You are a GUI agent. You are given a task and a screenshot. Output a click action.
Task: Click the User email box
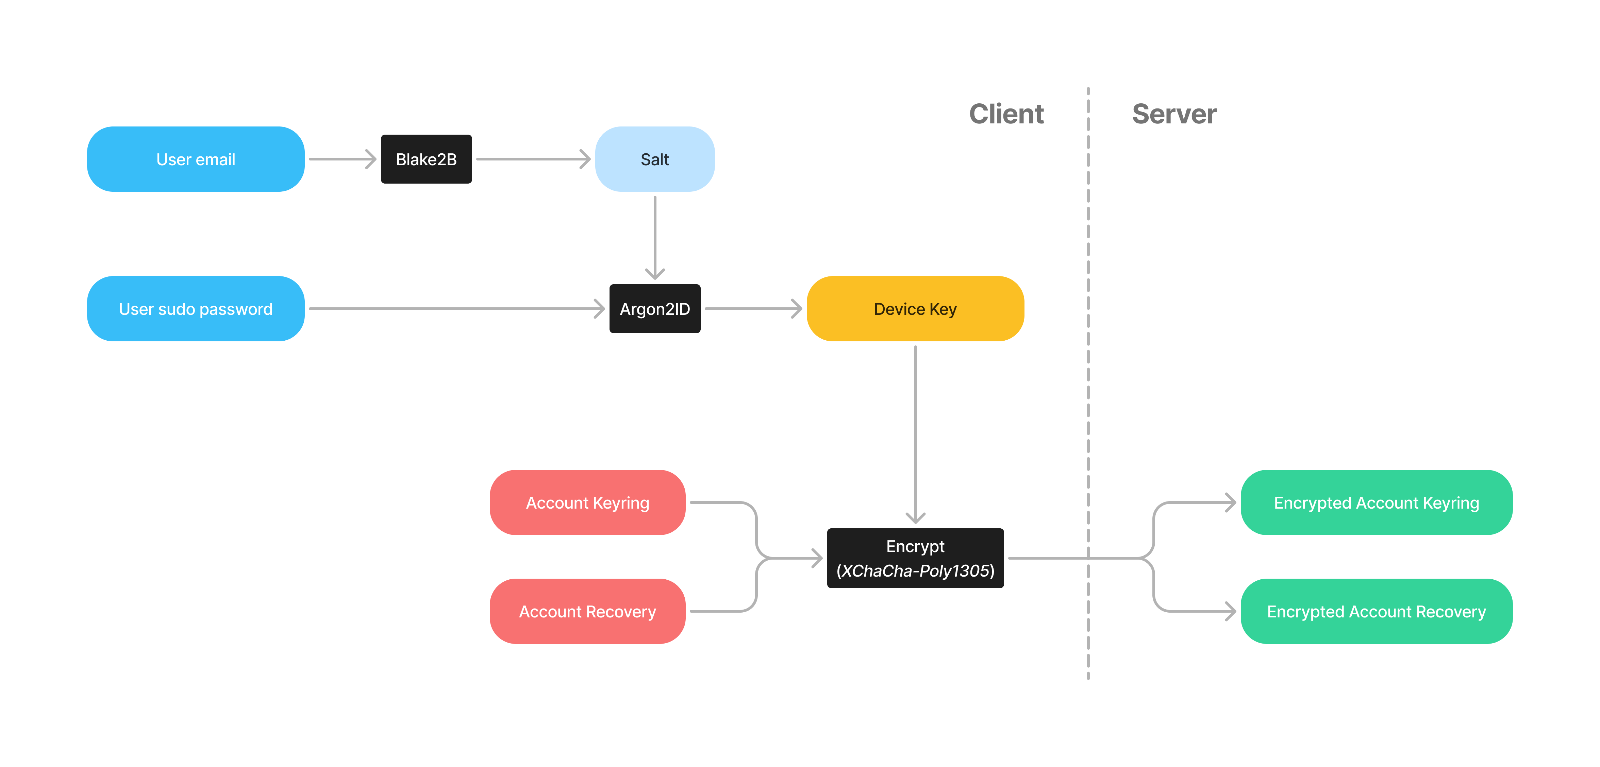point(196,159)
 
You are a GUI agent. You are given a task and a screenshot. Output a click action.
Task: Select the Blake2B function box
point(426,159)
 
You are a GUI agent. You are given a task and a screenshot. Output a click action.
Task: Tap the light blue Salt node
point(655,159)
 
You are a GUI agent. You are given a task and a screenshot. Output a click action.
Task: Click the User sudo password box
point(196,309)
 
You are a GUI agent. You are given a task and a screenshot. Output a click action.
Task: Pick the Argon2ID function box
point(655,309)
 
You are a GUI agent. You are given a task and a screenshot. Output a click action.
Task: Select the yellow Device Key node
point(915,309)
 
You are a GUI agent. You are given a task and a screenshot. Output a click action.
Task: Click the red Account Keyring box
point(587,502)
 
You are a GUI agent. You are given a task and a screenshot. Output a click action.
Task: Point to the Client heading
point(1006,114)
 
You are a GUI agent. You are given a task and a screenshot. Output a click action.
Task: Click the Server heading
point(1174,114)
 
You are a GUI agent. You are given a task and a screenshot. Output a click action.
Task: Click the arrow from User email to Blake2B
point(341,159)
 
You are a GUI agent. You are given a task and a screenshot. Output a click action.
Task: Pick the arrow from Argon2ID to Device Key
point(753,309)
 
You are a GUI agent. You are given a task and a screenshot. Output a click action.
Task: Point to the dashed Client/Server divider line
point(1088,373)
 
